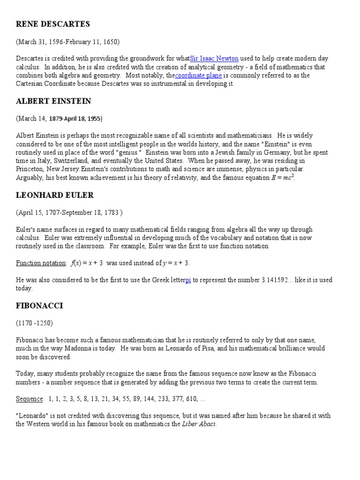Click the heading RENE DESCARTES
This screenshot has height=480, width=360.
[x=52, y=24]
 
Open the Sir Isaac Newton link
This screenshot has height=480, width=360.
[x=214, y=59]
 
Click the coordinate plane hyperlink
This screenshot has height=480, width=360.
[x=198, y=75]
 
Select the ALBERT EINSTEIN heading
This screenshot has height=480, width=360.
[x=53, y=101]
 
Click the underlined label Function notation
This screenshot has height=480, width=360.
[x=41, y=263]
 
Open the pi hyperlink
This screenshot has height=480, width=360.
[x=188, y=280]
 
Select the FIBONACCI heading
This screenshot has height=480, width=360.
[x=39, y=306]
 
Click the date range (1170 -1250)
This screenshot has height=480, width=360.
[x=34, y=323]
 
